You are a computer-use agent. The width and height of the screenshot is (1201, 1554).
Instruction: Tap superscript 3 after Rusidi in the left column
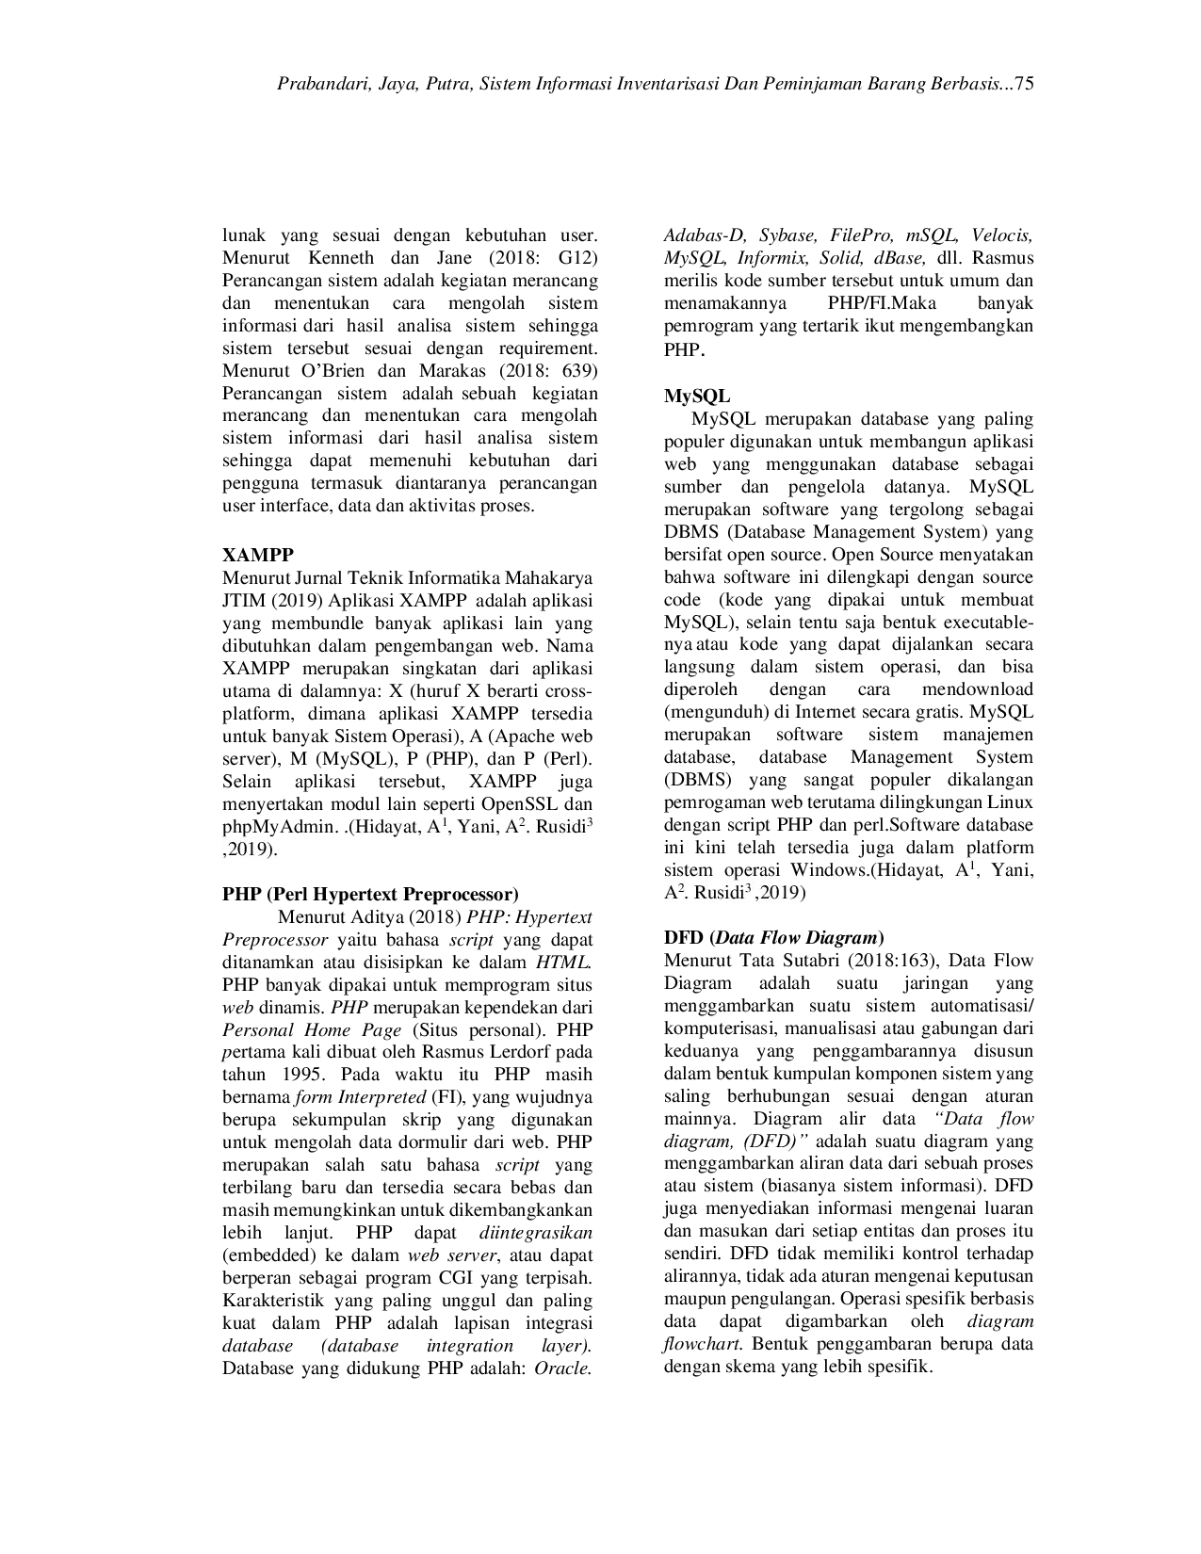pos(590,822)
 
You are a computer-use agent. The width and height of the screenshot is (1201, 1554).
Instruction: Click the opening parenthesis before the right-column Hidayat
pos(876,871)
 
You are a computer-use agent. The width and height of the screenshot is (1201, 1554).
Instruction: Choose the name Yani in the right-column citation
pos(1012,871)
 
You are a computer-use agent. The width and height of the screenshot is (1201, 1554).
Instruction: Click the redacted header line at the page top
pos(655,84)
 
